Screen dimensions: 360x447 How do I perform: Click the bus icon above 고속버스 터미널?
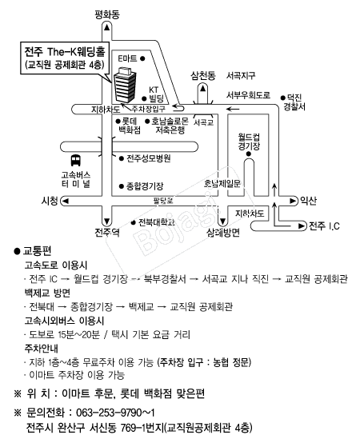(x=75, y=160)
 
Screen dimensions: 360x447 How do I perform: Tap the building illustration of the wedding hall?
(x=125, y=85)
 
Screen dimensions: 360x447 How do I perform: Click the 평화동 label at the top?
(x=107, y=14)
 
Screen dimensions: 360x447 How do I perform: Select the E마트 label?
(x=127, y=58)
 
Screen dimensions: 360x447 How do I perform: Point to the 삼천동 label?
(x=203, y=76)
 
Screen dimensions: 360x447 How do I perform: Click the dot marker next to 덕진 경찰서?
(x=282, y=98)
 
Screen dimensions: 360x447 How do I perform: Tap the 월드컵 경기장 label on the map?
(x=249, y=142)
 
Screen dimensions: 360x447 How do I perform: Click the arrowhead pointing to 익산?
(x=293, y=201)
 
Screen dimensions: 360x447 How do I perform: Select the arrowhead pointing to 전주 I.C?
(x=302, y=226)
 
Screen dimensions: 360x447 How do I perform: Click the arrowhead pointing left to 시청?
(x=66, y=201)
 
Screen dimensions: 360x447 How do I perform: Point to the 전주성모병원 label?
(x=149, y=158)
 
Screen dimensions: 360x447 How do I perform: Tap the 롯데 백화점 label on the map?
(x=130, y=126)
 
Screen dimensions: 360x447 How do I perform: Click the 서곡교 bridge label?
(x=203, y=122)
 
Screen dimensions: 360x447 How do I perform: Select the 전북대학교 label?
(x=157, y=222)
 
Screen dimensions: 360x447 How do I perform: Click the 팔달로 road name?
(x=163, y=201)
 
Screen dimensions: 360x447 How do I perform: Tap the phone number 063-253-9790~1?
(x=115, y=413)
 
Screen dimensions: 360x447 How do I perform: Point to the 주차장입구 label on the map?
(x=148, y=109)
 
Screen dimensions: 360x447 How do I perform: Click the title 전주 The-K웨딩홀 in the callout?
(x=65, y=52)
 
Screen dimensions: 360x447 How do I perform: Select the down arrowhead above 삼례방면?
(x=222, y=222)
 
